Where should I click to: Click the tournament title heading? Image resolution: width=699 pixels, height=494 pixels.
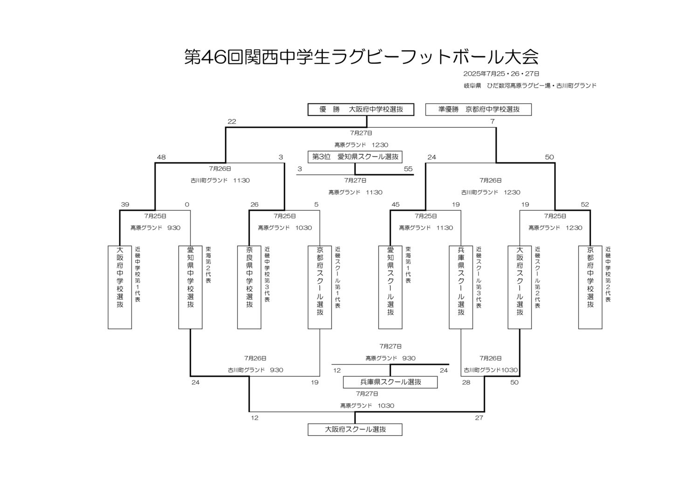tap(361, 57)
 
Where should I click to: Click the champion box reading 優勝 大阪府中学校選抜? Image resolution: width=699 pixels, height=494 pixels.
tap(361, 110)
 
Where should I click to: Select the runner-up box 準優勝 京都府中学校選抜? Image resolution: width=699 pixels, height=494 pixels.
tap(479, 110)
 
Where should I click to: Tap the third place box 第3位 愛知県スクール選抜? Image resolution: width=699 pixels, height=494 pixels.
tap(355, 157)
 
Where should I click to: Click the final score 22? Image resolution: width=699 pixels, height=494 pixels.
tap(232, 122)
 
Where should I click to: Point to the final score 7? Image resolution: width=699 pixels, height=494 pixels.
tap(492, 122)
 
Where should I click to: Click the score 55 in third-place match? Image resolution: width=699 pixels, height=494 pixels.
tap(408, 169)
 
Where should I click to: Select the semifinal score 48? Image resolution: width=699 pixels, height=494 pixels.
tap(161, 158)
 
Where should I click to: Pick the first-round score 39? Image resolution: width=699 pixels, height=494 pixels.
tap(125, 205)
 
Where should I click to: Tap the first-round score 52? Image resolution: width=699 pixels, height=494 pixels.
tap(585, 205)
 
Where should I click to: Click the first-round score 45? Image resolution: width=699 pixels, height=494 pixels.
tap(396, 205)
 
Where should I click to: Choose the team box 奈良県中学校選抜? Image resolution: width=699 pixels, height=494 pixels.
tap(249, 287)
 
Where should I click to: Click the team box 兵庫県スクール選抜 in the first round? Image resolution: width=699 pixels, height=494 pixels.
tap(461, 287)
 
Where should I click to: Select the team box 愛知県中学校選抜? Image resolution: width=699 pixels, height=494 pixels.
tap(191, 287)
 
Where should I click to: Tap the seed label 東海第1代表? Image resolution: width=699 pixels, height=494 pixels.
tap(408, 266)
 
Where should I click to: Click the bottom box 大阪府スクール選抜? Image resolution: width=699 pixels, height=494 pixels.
tap(355, 429)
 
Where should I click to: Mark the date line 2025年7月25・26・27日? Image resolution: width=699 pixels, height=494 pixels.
tap(501, 74)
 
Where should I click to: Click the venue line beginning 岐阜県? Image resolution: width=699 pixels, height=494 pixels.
tap(530, 86)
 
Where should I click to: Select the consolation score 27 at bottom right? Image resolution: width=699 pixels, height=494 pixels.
tap(479, 418)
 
